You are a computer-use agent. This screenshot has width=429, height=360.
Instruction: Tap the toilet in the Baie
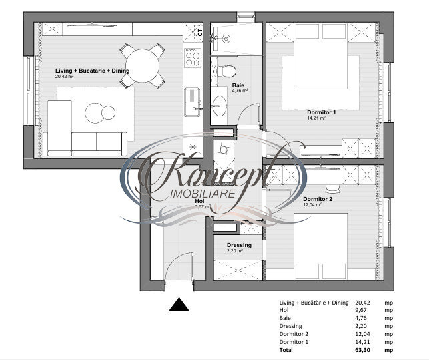[227, 70]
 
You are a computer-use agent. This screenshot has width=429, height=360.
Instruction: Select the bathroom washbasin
[220, 105]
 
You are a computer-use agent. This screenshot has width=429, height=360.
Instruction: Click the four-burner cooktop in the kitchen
[193, 57]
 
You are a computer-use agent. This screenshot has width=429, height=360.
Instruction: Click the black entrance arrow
[177, 305]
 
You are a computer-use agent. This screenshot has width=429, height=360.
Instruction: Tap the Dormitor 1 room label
[321, 112]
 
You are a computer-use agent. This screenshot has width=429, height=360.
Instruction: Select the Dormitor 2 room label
[317, 199]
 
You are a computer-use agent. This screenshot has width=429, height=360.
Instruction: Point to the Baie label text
[238, 85]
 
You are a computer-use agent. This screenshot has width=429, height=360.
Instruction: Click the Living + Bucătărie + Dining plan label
[92, 71]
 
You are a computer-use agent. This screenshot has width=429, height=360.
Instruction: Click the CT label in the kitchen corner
[199, 31]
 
